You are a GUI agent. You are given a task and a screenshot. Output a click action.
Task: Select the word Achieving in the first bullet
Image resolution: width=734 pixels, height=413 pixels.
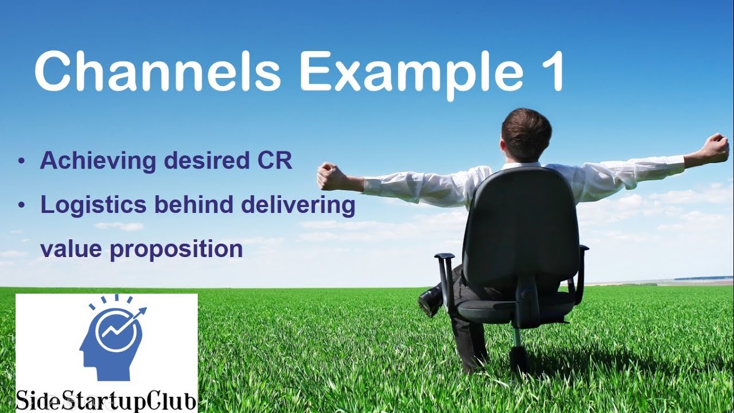coord(97,161)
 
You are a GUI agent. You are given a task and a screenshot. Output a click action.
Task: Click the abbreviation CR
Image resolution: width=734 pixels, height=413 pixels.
coord(274,161)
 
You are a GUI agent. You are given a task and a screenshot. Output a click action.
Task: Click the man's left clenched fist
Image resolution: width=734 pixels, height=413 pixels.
coord(330,176)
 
